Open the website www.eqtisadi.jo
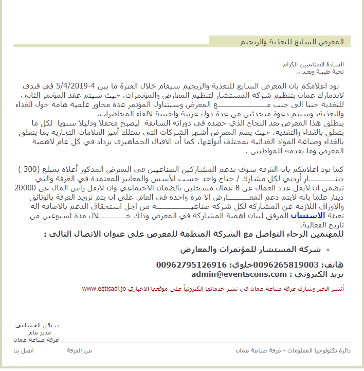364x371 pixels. pyautogui.click(x=103, y=289)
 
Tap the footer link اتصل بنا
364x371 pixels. pyautogui.click(x=23, y=350)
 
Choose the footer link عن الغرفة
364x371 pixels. pyautogui.click(x=79, y=350)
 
